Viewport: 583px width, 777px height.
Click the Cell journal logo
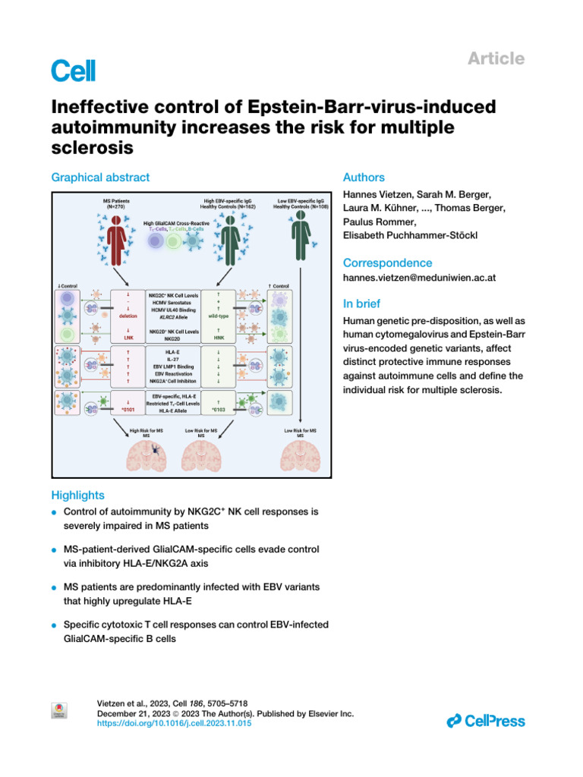pyautogui.click(x=74, y=71)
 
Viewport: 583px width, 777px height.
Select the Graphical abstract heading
pyautogui.click(x=100, y=178)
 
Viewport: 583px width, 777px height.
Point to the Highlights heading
pyautogui.click(x=77, y=495)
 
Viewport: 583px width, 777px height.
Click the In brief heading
pyautogui.click(x=362, y=304)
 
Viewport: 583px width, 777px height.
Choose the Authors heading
pyautogui.click(x=364, y=178)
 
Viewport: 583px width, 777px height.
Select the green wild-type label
pyautogui.click(x=219, y=316)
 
